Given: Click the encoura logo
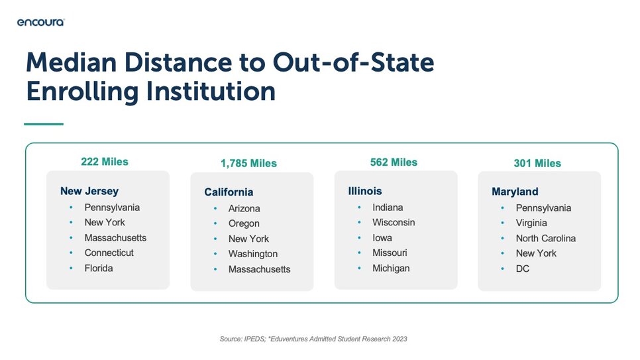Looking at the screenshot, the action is [41, 22].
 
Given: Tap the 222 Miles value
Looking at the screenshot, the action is [105, 162].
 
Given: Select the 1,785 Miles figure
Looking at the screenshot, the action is [248, 164].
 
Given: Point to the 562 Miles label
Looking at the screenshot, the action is [394, 162].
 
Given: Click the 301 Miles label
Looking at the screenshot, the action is [537, 164].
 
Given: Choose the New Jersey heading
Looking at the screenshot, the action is [89, 191].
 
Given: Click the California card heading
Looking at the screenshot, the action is [229, 192].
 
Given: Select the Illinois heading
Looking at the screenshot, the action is [365, 191].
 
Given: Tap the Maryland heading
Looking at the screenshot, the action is [515, 192].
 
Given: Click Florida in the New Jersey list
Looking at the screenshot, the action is [99, 269].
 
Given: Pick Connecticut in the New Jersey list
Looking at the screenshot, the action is [109, 253].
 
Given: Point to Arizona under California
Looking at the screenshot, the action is [244, 208].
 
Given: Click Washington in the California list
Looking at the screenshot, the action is [253, 254].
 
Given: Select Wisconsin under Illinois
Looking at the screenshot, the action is [394, 222].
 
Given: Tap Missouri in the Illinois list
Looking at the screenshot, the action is [390, 253].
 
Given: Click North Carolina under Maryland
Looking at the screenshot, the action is [546, 238].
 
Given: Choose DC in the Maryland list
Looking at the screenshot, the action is [523, 269].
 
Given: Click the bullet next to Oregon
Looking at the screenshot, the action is [215, 223].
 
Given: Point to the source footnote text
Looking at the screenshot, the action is [313, 339].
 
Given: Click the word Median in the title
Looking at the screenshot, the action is [72, 62].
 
